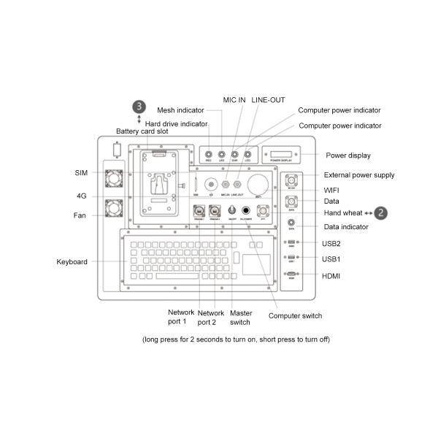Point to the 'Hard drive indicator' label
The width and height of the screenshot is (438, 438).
point(176,123)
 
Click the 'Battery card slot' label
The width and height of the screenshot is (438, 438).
point(142,131)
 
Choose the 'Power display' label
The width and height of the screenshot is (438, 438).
point(347,155)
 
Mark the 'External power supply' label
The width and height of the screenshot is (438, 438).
point(359,175)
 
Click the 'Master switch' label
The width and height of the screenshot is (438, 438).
point(240,317)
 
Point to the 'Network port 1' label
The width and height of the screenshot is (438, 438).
point(177,317)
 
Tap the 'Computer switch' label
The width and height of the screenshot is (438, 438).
point(295,316)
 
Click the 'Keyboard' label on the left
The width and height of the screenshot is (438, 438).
point(72,261)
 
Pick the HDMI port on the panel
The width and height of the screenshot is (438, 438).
point(291,275)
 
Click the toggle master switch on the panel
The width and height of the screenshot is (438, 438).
point(232,210)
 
